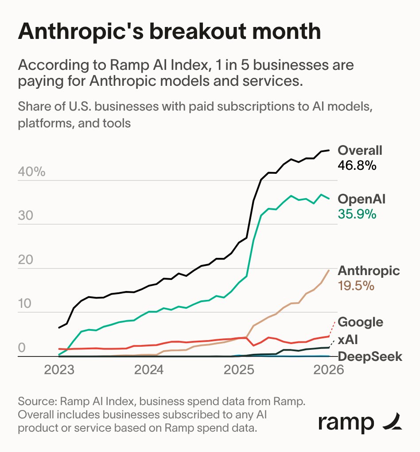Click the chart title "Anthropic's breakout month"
(x=169, y=32)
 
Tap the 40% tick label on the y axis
(x=31, y=172)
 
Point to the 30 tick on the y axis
(x=26, y=216)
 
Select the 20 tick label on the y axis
(x=26, y=260)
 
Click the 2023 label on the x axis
(x=59, y=369)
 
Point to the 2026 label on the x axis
(x=327, y=369)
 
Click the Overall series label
(x=360, y=150)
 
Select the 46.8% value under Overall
(x=357, y=165)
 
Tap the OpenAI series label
(x=362, y=199)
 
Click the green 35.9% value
(x=357, y=214)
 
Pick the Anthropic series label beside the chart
(x=369, y=271)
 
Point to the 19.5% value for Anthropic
(x=356, y=286)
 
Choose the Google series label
(x=360, y=322)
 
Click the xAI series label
(x=348, y=340)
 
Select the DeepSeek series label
(x=370, y=356)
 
